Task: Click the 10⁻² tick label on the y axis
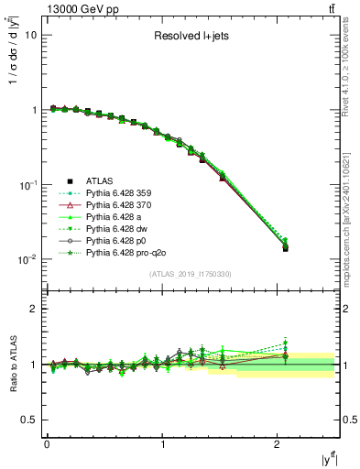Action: point(27,259)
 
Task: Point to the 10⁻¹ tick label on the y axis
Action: point(27,184)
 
